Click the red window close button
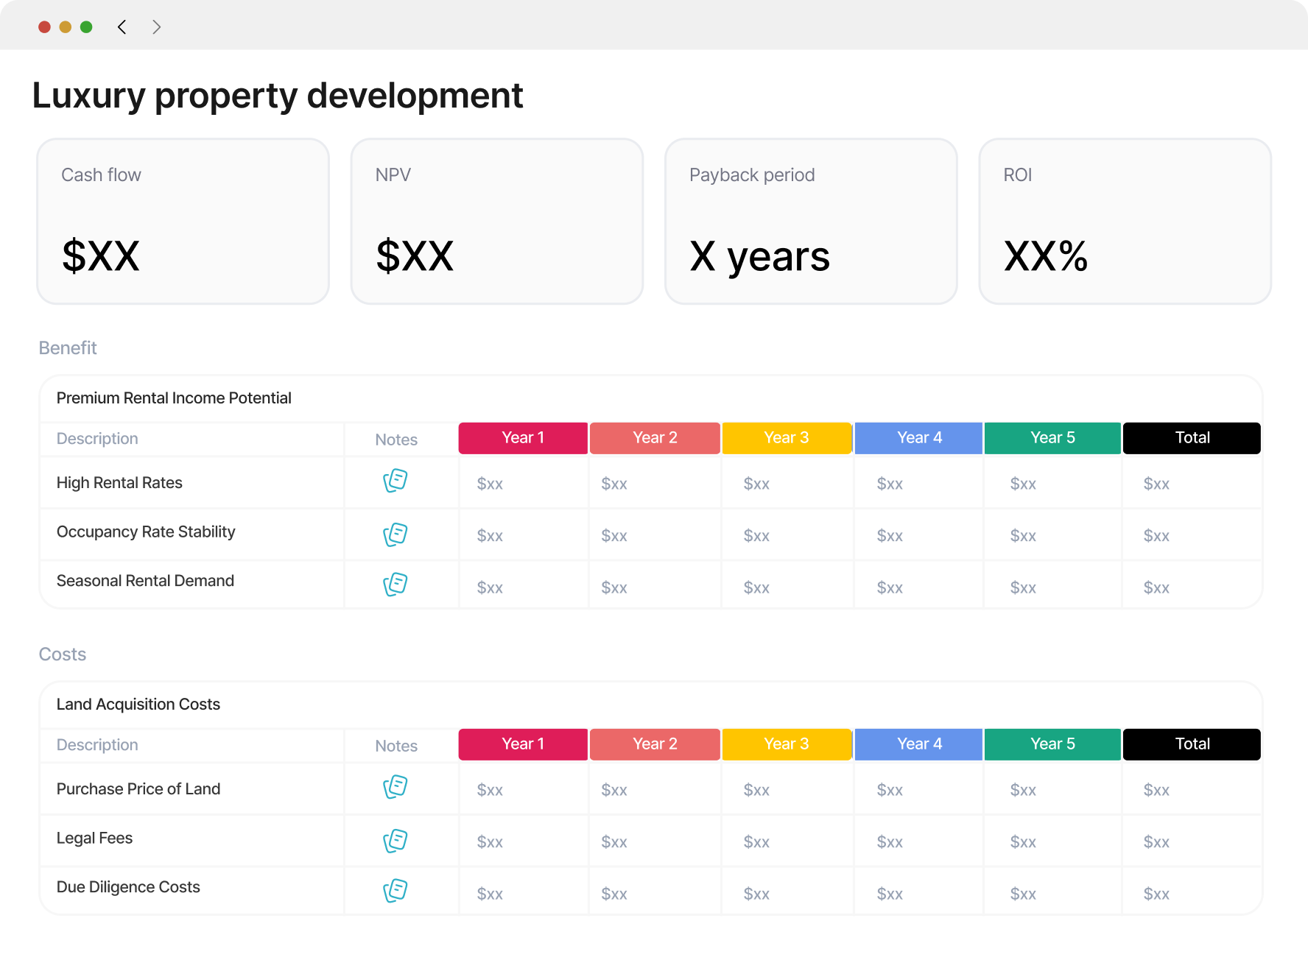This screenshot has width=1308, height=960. pyautogui.click(x=44, y=27)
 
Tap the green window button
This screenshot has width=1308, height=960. pyautogui.click(x=86, y=27)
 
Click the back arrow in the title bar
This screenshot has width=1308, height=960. pyautogui.click(x=122, y=27)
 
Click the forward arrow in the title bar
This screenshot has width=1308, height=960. pyautogui.click(x=156, y=27)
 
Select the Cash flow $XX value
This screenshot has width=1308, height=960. pyautogui.click(x=101, y=255)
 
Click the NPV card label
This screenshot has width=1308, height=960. pyautogui.click(x=393, y=175)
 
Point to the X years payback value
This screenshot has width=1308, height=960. pyautogui.click(x=759, y=257)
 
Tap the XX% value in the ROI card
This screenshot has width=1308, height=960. pyautogui.click(x=1046, y=255)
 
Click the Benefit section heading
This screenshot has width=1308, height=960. pyautogui.click(x=68, y=347)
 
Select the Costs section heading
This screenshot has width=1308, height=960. pyautogui.click(x=63, y=654)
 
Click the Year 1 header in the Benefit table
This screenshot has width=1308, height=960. pyautogui.click(x=523, y=438)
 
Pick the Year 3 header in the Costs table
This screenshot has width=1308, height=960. pyautogui.click(x=787, y=744)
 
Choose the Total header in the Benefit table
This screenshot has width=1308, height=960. pyautogui.click(x=1192, y=438)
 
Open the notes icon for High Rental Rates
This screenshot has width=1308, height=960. pyautogui.click(x=395, y=481)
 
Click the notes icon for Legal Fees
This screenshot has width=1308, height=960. pyautogui.click(x=395, y=841)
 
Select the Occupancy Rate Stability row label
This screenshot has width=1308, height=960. pyautogui.click(x=146, y=532)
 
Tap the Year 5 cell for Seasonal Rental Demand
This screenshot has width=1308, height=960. pyautogui.click(x=1023, y=587)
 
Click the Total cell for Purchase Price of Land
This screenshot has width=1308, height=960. pyautogui.click(x=1156, y=790)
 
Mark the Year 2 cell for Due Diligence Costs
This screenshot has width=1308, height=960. pyautogui.click(x=614, y=894)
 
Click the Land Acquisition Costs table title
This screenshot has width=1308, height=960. pyautogui.click(x=138, y=705)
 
